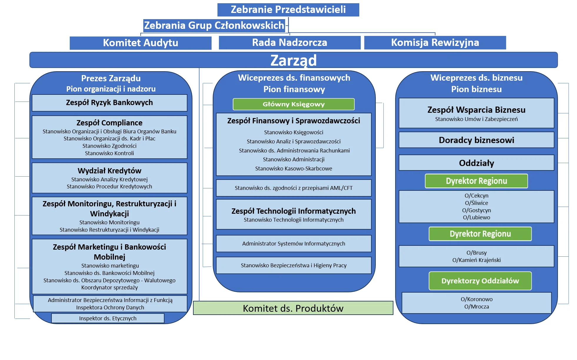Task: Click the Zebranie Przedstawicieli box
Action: coord(288,10)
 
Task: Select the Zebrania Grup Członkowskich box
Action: coord(214,25)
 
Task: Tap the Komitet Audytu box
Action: coord(140,43)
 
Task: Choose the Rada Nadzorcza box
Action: coord(290,43)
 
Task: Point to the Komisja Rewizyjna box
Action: coord(435,43)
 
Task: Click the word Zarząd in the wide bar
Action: coord(293,60)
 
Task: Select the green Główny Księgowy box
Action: coord(293,104)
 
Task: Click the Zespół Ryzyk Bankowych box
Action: coord(109,103)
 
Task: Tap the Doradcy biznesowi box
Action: coord(476,140)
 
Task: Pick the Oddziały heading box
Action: coord(476,163)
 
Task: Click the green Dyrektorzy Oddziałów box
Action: coord(480,281)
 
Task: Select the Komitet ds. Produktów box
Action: coord(293,308)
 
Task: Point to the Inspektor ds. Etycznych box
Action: coord(108,318)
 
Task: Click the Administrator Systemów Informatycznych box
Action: coord(293,243)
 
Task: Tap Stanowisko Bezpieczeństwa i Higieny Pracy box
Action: coord(293,265)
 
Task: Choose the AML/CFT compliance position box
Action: coord(293,188)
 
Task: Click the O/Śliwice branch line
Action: coord(476,203)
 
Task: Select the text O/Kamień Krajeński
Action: coord(476,260)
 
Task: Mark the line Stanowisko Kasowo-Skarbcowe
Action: coord(293,168)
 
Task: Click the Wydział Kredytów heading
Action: coord(109,171)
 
